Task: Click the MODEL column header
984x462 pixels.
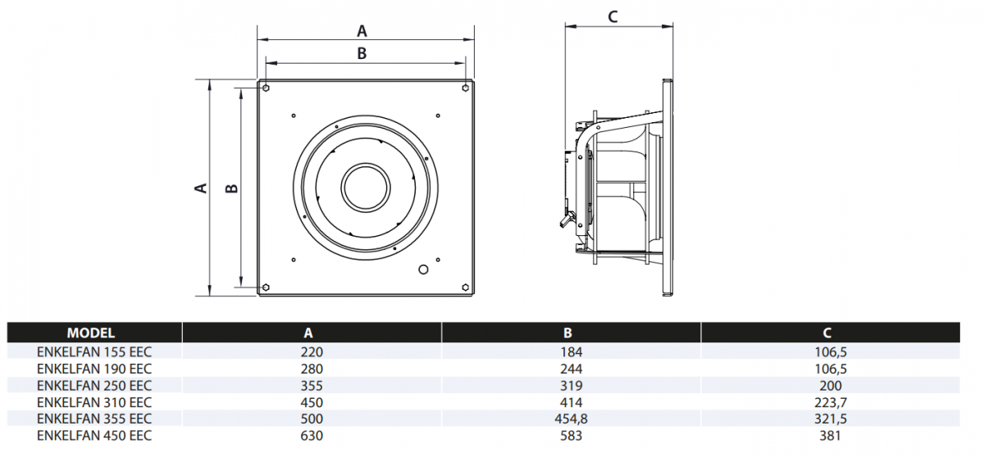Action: (91, 333)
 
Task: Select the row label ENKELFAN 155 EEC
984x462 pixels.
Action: (94, 351)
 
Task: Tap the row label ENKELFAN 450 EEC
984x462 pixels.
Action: (94, 436)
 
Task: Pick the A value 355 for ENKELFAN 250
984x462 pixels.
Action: (312, 385)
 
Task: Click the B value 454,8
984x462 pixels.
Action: (571, 419)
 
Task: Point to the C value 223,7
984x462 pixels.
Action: (830, 402)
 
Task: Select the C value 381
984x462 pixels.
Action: (830, 436)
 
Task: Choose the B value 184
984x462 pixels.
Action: (571, 351)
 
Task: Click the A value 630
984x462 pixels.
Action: (312, 436)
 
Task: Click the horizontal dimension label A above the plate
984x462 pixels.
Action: (362, 31)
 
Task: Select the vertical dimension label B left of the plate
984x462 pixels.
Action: (232, 188)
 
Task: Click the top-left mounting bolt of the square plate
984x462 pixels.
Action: (267, 87)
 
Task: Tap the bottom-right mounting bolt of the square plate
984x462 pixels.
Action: (466, 288)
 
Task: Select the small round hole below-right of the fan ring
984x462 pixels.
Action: (423, 269)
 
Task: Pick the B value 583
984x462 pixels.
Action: (571, 436)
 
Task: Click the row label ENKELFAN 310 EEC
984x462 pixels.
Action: (94, 402)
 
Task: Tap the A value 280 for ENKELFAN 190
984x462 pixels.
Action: (312, 369)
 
